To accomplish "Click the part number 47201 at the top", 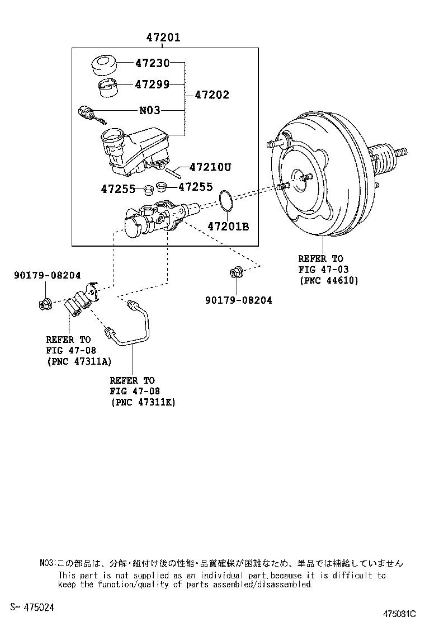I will pos(163,37).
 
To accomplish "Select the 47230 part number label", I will pos(152,63).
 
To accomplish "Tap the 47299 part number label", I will pos(152,84).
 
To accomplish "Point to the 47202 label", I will pos(212,95).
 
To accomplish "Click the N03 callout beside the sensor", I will pos(149,111).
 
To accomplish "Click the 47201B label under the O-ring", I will pos(228,227).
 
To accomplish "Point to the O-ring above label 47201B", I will pos(225,201).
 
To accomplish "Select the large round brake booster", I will pos(319,179).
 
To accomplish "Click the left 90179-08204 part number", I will pos(47,275).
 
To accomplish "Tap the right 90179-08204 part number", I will pos(239,300).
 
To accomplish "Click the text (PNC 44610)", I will pos(328,280).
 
